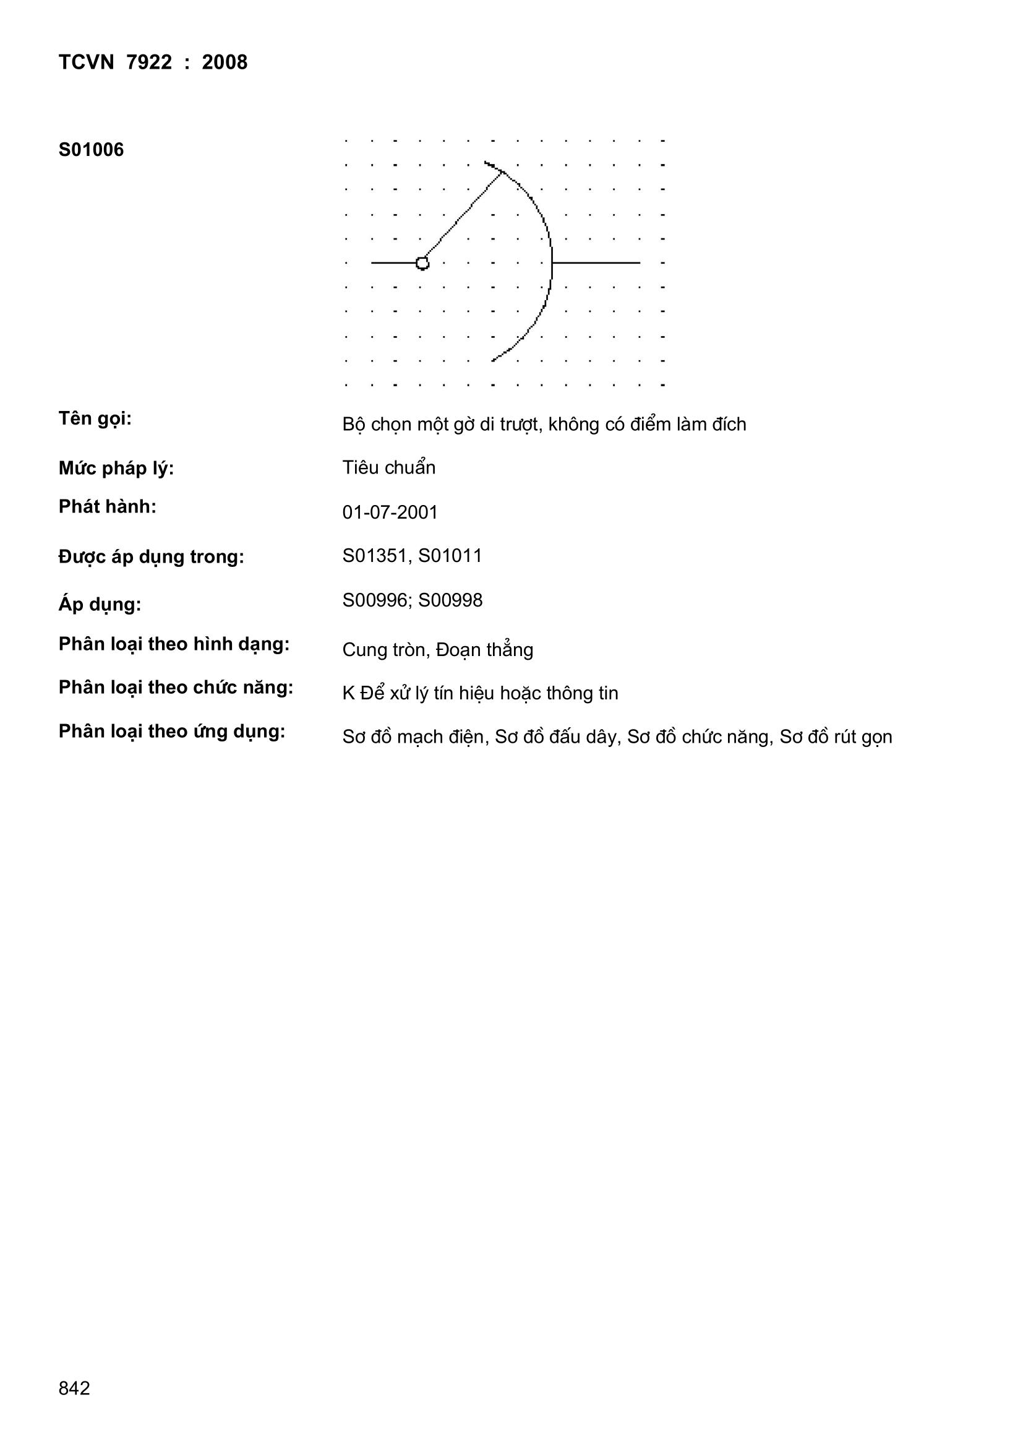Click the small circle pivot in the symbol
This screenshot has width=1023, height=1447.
(422, 263)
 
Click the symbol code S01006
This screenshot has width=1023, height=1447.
(92, 150)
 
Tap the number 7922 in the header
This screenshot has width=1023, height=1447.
(149, 63)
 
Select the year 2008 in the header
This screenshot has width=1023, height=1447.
(225, 63)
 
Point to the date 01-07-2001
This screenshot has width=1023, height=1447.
(390, 512)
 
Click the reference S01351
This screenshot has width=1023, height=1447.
(375, 556)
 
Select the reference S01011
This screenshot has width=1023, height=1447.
(450, 556)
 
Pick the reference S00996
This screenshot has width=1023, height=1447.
(375, 600)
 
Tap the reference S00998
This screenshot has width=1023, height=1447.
(450, 600)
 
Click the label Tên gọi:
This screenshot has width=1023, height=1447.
(95, 419)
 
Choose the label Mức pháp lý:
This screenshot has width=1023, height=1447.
(116, 469)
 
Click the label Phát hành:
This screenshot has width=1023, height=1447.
(107, 507)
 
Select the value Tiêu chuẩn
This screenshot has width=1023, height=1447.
(388, 468)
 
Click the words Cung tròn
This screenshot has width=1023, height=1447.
(383, 650)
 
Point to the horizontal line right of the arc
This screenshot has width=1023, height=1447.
(596, 263)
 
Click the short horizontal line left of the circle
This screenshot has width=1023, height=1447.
(394, 263)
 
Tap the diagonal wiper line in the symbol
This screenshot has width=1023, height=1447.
(463, 216)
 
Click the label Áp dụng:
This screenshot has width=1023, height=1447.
(100, 605)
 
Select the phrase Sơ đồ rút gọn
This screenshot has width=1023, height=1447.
(836, 736)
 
